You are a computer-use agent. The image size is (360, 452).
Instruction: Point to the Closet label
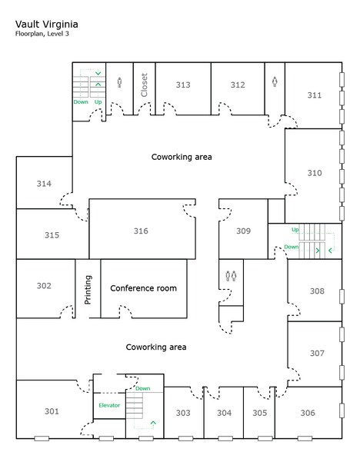(144, 84)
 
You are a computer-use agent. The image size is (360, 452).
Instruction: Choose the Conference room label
(143, 288)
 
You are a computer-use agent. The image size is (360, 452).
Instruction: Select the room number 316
(140, 231)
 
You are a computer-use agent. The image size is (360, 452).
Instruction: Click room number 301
(52, 411)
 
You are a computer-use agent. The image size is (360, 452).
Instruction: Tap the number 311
(314, 95)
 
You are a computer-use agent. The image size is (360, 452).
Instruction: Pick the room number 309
(243, 231)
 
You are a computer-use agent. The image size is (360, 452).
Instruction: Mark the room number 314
(44, 184)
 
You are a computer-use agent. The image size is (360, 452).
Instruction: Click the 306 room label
(307, 413)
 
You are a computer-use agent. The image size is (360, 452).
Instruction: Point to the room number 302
(44, 286)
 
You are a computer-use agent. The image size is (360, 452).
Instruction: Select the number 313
(183, 85)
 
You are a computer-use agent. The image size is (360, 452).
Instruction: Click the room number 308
(316, 291)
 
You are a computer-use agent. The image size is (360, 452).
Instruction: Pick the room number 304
(224, 413)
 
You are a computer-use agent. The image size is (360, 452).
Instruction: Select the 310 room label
(314, 173)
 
